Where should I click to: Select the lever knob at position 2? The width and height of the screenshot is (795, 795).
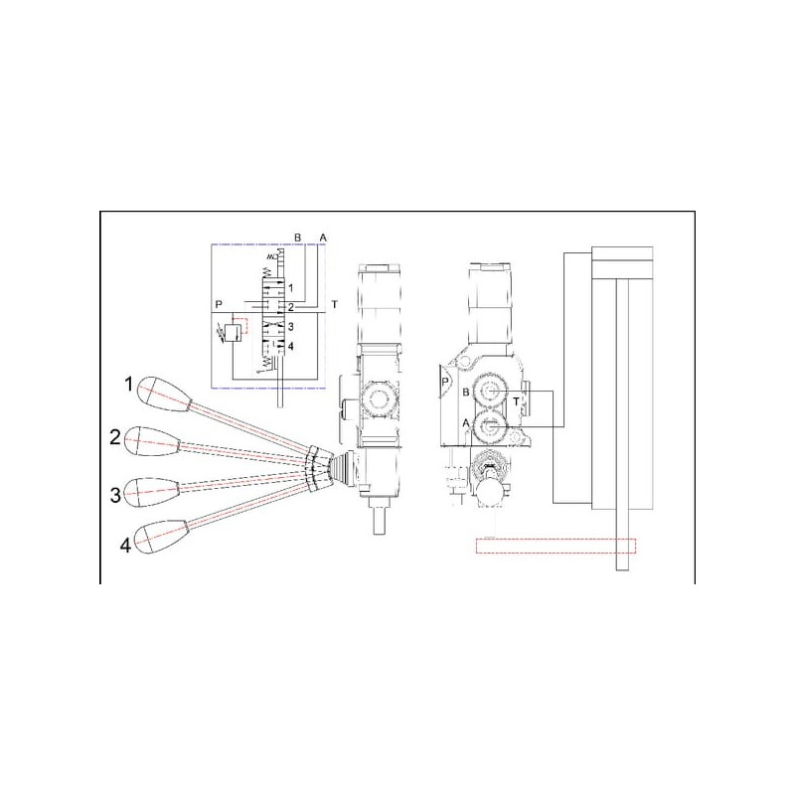(x=152, y=441)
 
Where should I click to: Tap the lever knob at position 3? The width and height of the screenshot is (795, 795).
(x=152, y=492)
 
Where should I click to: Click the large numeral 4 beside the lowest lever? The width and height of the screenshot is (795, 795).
(x=125, y=546)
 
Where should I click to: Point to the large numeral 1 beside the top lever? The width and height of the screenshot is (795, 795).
(x=129, y=385)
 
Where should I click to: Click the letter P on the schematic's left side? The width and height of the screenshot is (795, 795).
(x=219, y=305)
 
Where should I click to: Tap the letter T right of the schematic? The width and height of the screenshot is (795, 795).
(x=334, y=305)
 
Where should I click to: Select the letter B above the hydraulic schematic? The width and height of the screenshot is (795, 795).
(x=297, y=238)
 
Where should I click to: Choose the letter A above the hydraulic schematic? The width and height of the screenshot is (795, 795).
(x=323, y=238)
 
